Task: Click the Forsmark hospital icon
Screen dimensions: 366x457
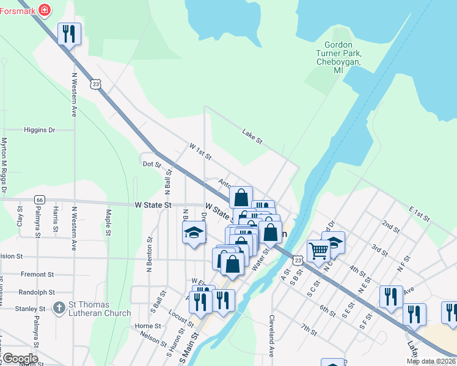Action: coord(44,9)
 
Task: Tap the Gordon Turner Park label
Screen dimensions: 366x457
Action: coord(338,58)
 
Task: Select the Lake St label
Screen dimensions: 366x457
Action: coord(252,137)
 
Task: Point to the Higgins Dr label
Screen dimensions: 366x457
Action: coord(39,130)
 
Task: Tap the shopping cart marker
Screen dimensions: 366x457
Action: coord(318,251)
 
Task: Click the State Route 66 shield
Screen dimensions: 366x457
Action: coord(39,199)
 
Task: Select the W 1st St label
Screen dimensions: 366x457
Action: coord(200,152)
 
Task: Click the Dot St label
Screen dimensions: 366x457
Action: coord(151,164)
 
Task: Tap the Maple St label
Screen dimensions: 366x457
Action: coord(108,222)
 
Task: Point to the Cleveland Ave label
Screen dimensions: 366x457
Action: coord(272,335)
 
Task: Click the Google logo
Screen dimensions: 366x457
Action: coord(20,359)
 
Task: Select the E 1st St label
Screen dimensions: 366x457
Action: coord(420,213)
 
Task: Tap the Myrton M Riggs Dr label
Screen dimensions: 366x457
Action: coord(4,165)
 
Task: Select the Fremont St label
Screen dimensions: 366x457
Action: coord(37,274)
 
